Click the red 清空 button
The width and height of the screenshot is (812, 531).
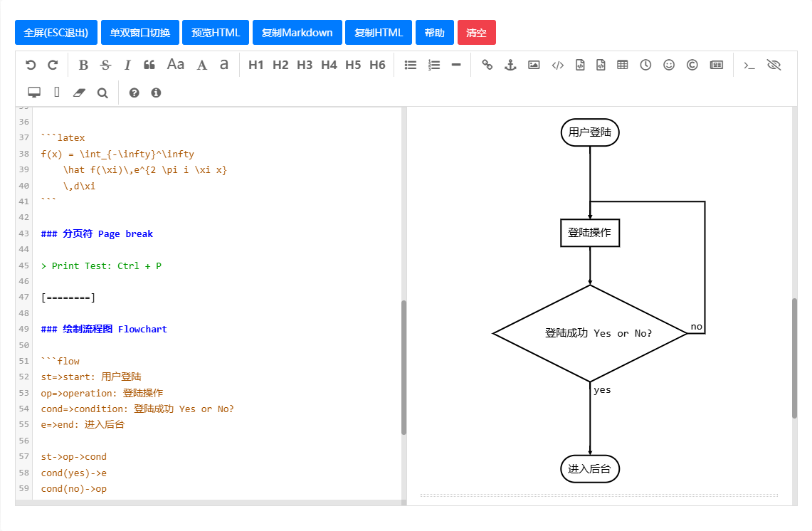pos(476,33)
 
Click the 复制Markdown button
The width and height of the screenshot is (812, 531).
pos(297,33)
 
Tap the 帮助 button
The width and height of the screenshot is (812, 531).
pos(435,33)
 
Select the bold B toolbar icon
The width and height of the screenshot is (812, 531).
pos(83,65)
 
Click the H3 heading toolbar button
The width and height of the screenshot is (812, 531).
pos(305,65)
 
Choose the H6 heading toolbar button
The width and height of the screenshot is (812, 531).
pos(377,65)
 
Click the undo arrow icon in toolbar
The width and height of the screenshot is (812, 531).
pos(31,65)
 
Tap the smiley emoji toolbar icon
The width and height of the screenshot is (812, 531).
pos(668,65)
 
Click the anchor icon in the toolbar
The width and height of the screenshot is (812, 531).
pos(510,65)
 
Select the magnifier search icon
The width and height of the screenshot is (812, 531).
pos(102,93)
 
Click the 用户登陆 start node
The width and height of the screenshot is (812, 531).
pos(590,132)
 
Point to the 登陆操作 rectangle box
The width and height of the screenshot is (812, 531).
pos(590,233)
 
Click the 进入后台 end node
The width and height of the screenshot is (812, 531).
pos(590,469)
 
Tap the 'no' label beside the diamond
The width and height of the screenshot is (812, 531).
pos(697,327)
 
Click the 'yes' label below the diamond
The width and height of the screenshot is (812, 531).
pos(602,390)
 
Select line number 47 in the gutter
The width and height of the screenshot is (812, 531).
pos(23,297)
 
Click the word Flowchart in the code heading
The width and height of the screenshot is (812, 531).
pos(142,329)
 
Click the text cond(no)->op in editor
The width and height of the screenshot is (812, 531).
pos(73,488)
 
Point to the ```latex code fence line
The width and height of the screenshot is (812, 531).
pos(63,137)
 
